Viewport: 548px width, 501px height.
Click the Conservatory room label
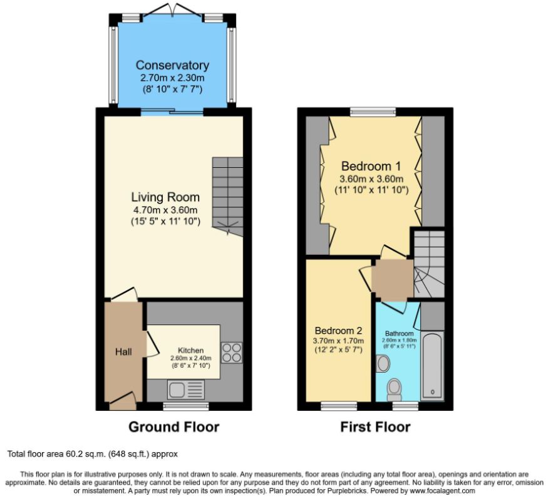tap(172, 66)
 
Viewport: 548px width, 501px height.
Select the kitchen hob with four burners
tap(231, 353)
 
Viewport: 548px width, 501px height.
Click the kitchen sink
tap(184, 390)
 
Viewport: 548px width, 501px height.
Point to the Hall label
tap(123, 352)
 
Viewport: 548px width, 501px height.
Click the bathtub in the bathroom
tap(433, 366)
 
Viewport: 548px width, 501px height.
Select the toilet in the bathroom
tap(395, 390)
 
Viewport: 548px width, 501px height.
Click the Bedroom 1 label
tap(371, 167)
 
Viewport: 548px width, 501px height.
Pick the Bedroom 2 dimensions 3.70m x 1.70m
tap(338, 341)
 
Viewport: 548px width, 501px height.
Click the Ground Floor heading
tap(173, 427)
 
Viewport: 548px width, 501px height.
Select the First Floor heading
tap(375, 427)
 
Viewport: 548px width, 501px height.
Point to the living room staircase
tap(227, 192)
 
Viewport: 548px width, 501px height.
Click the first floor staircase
tap(428, 263)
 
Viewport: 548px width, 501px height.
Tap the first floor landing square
tap(392, 278)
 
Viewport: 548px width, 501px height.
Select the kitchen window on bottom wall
tap(177, 406)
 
